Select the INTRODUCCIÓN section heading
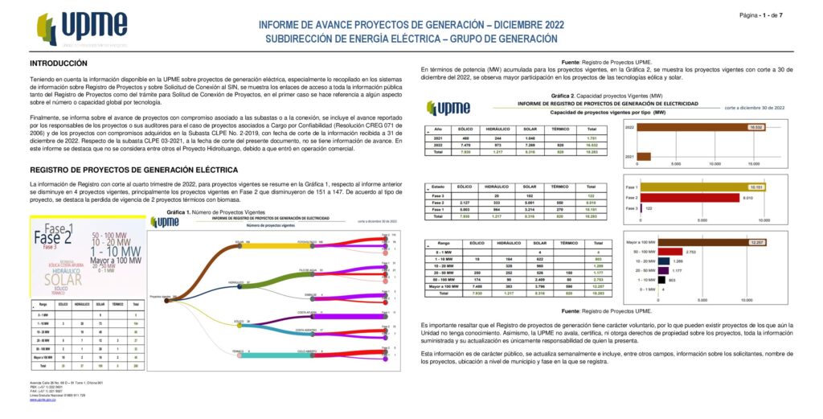click(58, 64)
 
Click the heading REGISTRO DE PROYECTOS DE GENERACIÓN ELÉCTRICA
click(133, 170)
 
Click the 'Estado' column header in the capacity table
click(439, 186)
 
